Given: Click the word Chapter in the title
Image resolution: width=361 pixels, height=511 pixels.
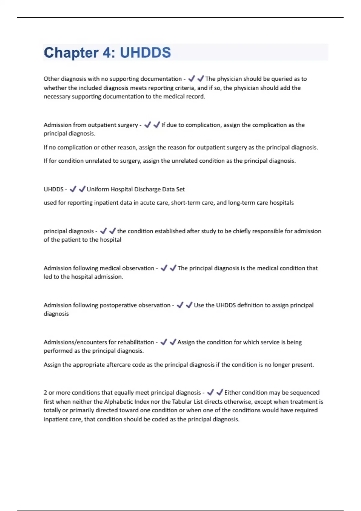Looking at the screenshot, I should [x=71, y=53].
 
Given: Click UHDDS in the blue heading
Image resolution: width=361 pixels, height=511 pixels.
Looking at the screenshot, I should [x=145, y=53].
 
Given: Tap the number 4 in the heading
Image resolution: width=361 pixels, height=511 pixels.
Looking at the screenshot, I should [x=107, y=53].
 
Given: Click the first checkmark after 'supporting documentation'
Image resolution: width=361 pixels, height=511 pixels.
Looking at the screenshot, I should [x=191, y=79].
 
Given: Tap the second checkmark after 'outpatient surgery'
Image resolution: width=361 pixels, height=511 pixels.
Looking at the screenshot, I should [x=156, y=125].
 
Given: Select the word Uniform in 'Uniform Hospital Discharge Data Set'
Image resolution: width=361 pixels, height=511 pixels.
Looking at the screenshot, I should [x=98, y=189].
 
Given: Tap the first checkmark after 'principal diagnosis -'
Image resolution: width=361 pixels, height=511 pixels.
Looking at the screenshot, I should [x=103, y=231].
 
